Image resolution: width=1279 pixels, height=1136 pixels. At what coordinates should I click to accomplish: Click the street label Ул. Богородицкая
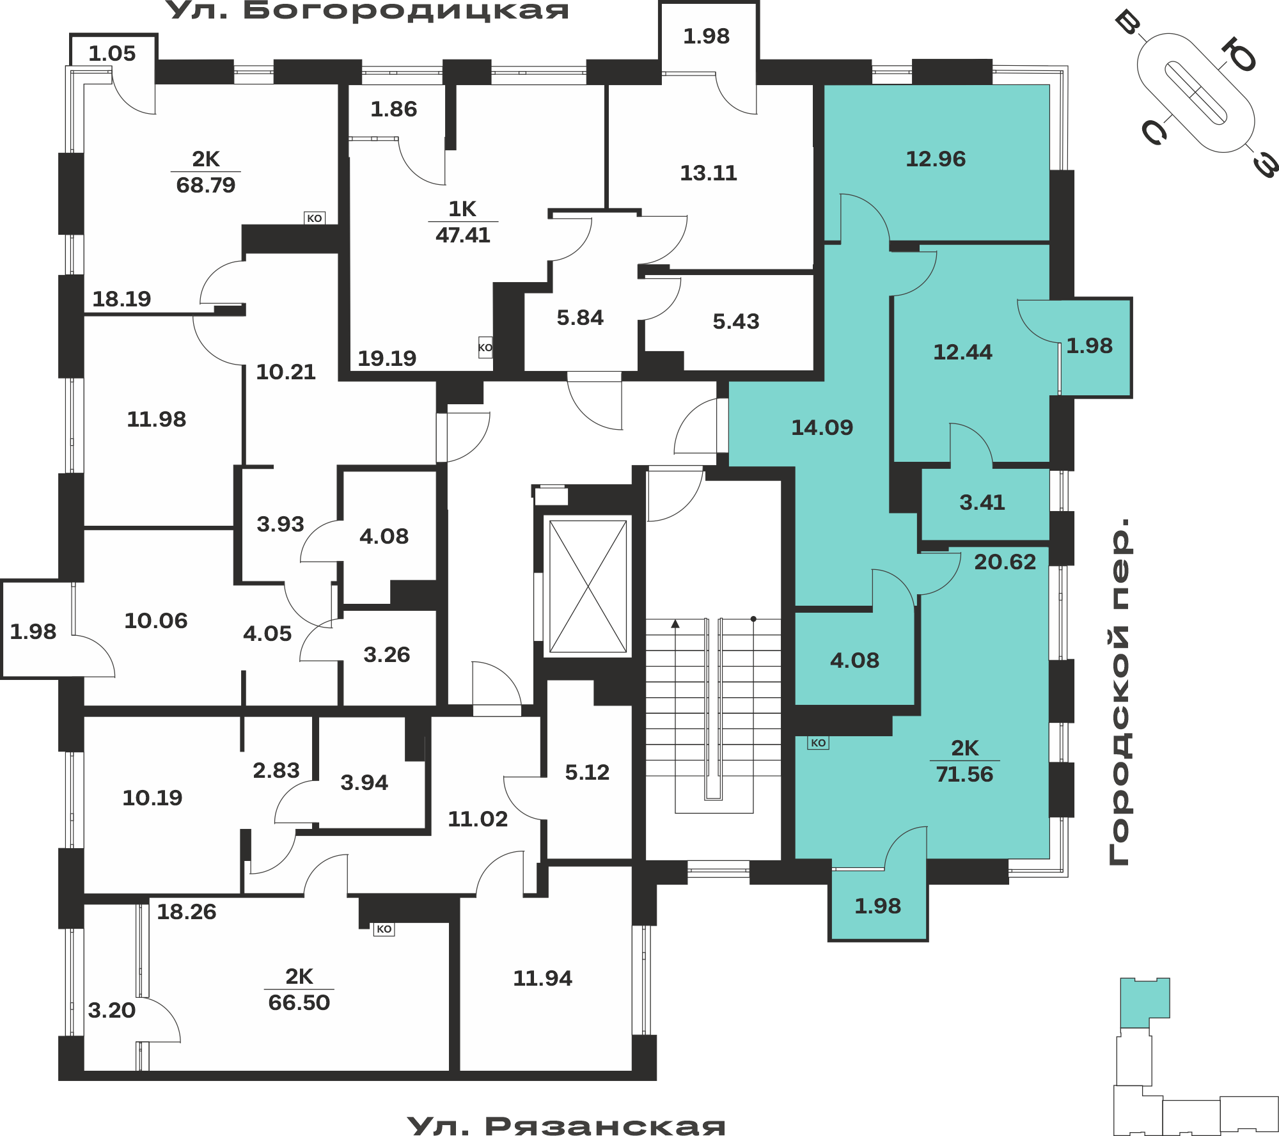pyautogui.click(x=368, y=11)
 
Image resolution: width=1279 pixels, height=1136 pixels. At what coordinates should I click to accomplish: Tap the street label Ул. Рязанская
pyautogui.click(x=566, y=1125)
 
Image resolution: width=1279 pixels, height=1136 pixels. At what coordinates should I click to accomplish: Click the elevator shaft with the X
pyautogui.click(x=588, y=587)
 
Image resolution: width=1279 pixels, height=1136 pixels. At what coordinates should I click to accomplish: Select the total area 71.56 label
pyautogui.click(x=964, y=775)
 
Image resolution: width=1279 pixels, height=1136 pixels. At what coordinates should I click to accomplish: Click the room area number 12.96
pyautogui.click(x=936, y=159)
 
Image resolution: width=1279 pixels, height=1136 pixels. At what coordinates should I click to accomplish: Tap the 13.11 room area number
pyautogui.click(x=709, y=173)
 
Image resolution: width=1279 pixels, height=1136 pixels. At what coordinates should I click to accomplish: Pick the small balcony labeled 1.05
pyautogui.click(x=113, y=53)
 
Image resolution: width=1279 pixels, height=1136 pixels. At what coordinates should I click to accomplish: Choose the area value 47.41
pyautogui.click(x=463, y=235)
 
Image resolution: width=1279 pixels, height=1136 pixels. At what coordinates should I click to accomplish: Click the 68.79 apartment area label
pyautogui.click(x=206, y=185)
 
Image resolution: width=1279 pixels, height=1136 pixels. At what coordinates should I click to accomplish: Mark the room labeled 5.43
pyautogui.click(x=730, y=321)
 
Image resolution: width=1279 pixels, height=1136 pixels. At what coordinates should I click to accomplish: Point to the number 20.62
pyautogui.click(x=1005, y=562)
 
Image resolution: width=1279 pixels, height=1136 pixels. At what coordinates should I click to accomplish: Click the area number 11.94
pyautogui.click(x=542, y=978)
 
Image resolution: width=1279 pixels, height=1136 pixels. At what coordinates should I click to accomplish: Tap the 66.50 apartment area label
pyautogui.click(x=299, y=1002)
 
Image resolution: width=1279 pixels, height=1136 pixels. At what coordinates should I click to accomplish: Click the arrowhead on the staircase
pyautogui.click(x=675, y=624)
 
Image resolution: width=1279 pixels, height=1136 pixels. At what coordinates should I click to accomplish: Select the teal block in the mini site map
pyautogui.click(x=1145, y=1002)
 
